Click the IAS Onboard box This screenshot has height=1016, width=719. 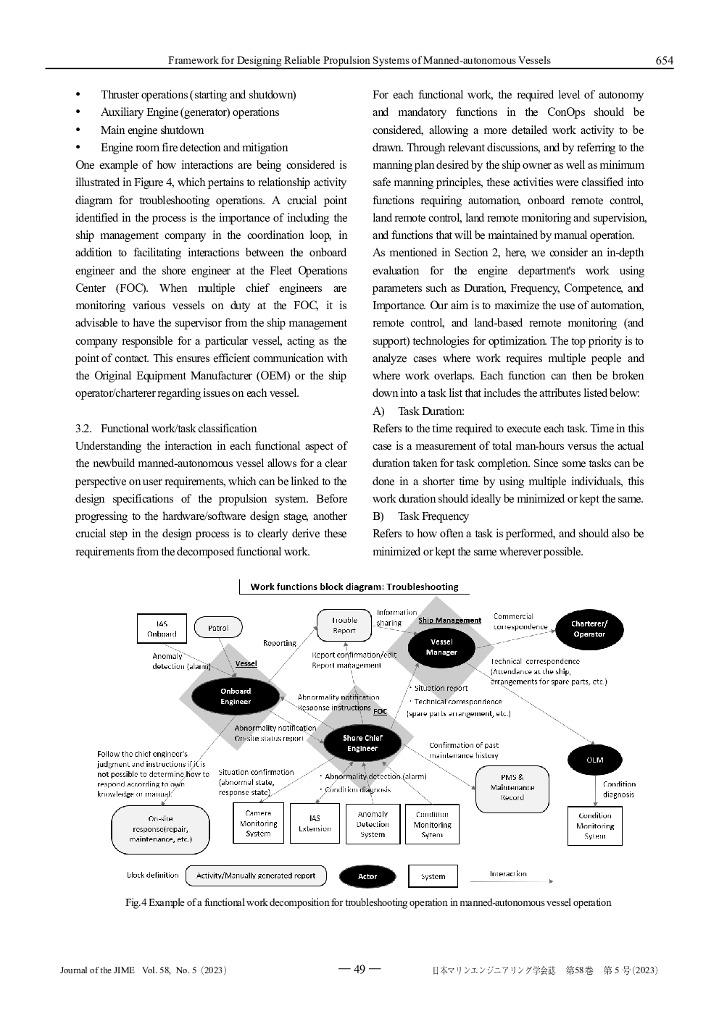162,629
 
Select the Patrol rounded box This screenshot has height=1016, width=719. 218,628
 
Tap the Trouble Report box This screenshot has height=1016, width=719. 344,625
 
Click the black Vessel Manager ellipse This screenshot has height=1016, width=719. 441,647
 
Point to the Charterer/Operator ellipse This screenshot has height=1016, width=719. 589,629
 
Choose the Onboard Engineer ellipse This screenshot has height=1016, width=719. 236,696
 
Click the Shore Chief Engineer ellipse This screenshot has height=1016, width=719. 362,743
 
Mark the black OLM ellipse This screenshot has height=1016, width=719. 594,760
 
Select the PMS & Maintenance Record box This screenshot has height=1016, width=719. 512,788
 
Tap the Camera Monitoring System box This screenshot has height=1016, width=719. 259,823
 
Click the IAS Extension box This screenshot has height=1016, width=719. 315,824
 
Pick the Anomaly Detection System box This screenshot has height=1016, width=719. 373,824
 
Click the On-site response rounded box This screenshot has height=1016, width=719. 160,829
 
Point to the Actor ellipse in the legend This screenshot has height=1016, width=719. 367,876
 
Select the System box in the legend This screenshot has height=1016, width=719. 433,876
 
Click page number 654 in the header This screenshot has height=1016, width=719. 664,61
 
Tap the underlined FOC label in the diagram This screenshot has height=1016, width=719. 380,712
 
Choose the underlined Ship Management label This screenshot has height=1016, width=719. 449,621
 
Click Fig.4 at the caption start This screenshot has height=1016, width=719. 136,903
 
